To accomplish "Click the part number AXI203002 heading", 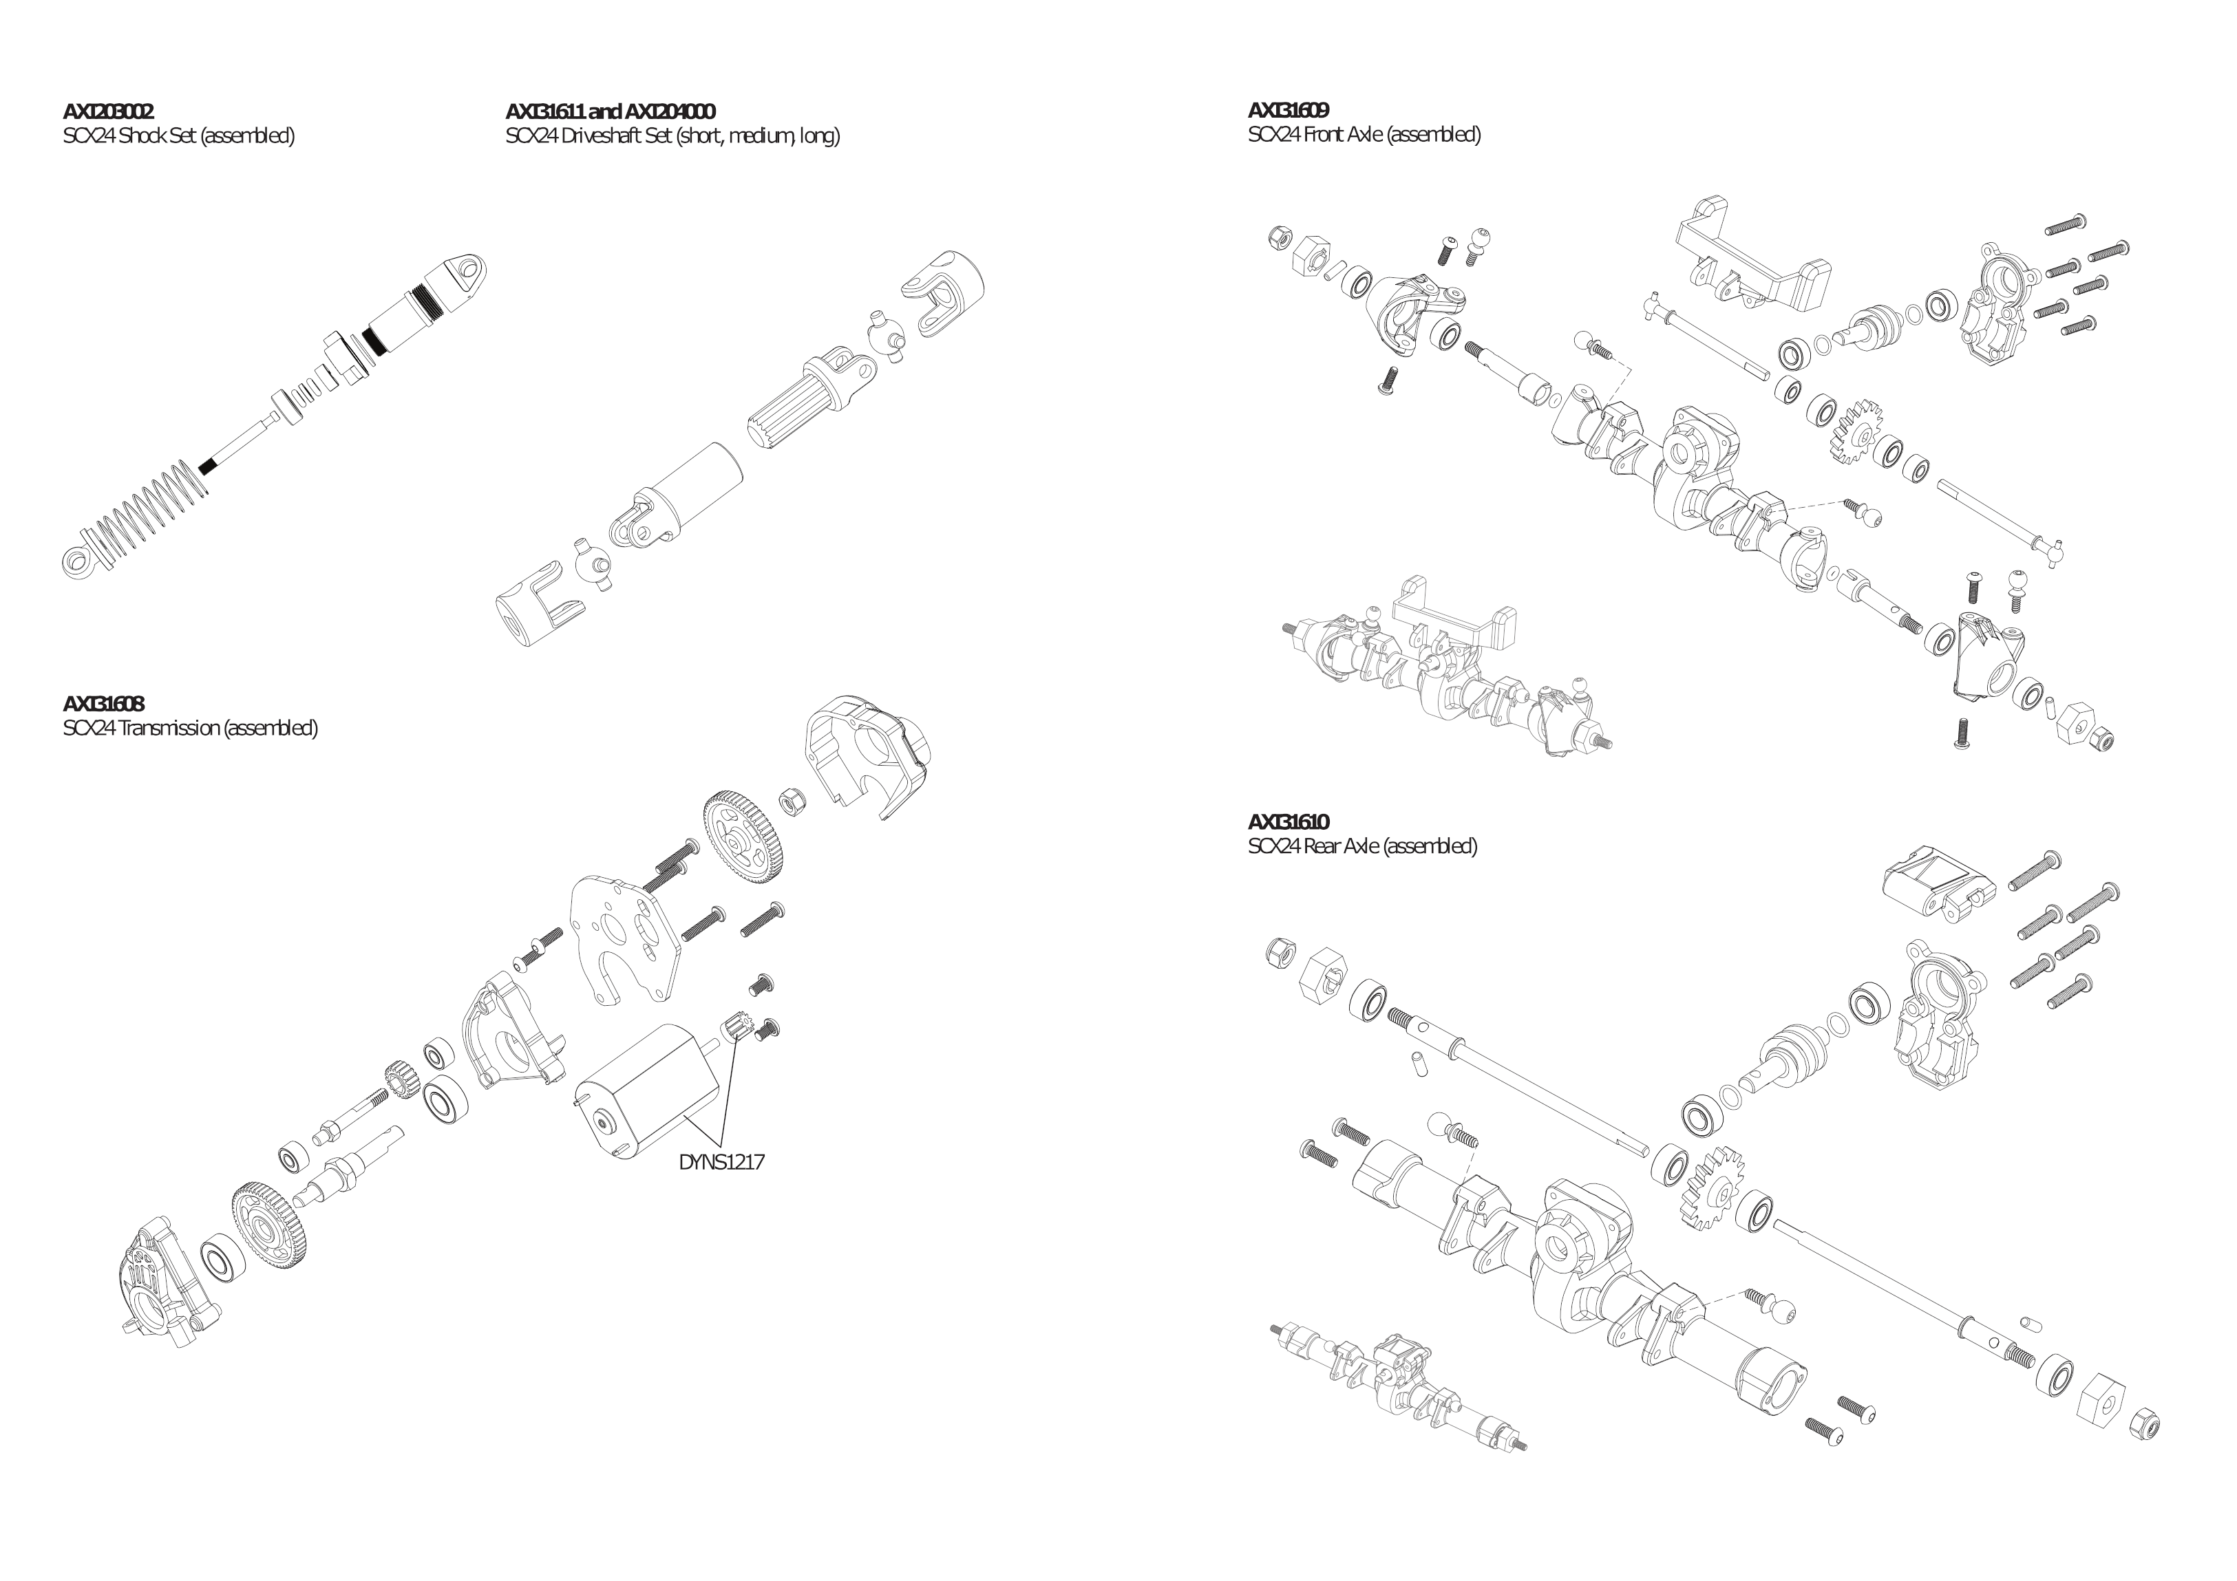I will coord(108,112).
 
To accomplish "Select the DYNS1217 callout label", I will coord(721,1162).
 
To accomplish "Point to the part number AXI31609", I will coord(1288,110).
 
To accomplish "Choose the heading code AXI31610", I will coord(1288,822).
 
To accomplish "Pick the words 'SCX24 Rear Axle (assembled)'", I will coord(1362,846).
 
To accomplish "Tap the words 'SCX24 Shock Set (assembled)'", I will coord(178,136).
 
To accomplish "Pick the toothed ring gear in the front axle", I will coord(1853,429).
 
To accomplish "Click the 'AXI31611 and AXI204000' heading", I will coord(610,112).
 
